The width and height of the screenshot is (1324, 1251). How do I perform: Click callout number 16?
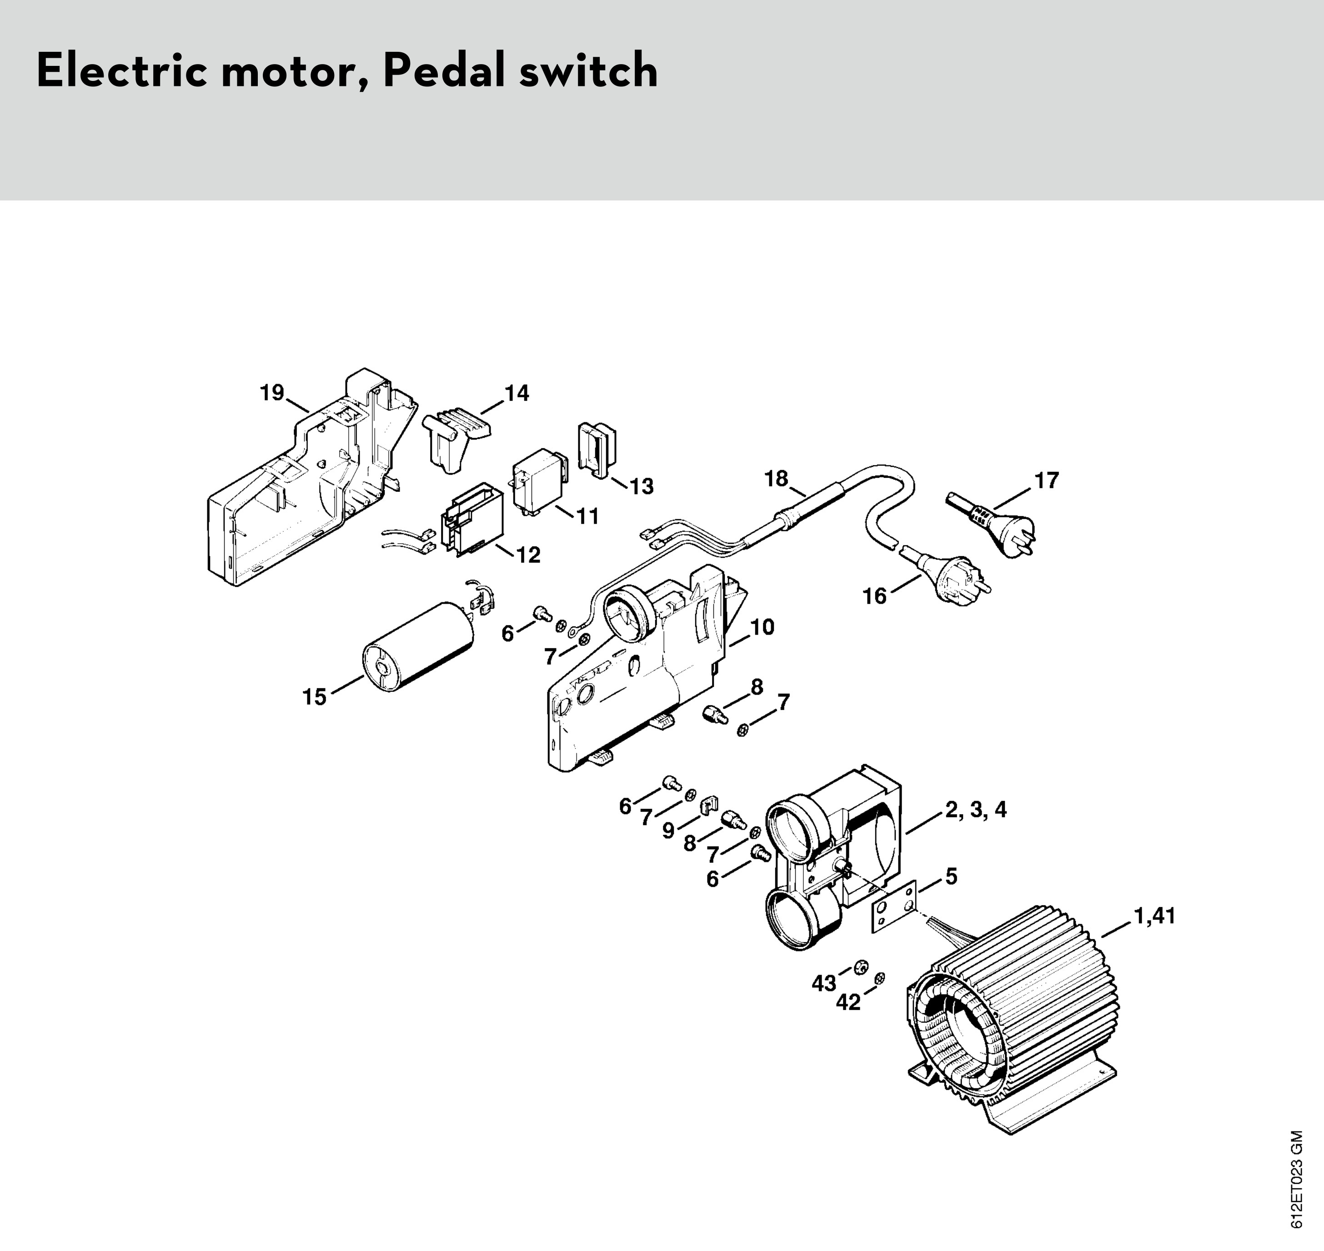pos(874,595)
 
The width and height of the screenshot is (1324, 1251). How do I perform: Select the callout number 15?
pos(314,697)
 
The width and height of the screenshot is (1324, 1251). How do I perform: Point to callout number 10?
pos(762,627)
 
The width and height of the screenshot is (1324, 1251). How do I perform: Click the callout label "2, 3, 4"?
pos(976,810)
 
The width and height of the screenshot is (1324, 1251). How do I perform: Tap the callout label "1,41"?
pos(1154,916)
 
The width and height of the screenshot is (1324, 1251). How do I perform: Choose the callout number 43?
pos(824,982)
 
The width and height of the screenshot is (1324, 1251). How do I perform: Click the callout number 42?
pos(848,1002)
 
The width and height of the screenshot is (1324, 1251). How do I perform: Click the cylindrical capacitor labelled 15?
pos(417,647)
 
